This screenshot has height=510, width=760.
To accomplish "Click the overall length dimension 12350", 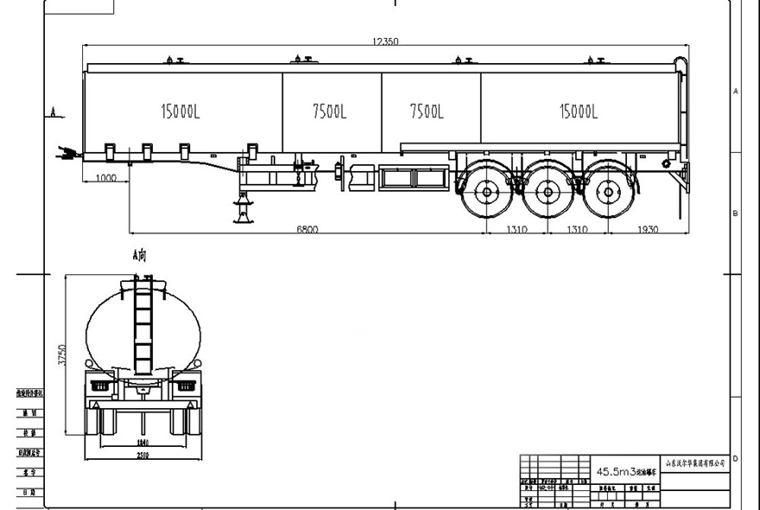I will pyautogui.click(x=384, y=41).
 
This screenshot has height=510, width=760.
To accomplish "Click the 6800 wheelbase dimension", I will pyautogui.click(x=307, y=229).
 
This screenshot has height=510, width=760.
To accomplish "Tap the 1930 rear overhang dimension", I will pyautogui.click(x=647, y=229).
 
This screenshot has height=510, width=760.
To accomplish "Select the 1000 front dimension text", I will pyautogui.click(x=105, y=177).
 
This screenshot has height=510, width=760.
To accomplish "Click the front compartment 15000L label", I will pyautogui.click(x=182, y=111).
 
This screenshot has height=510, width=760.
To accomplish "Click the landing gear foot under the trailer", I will pyautogui.click(x=244, y=218).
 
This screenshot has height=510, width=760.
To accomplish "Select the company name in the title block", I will pyautogui.click(x=693, y=464).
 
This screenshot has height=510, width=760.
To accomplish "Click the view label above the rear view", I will pyautogui.click(x=139, y=256).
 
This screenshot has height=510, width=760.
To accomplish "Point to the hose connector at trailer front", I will pyautogui.click(x=63, y=154).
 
